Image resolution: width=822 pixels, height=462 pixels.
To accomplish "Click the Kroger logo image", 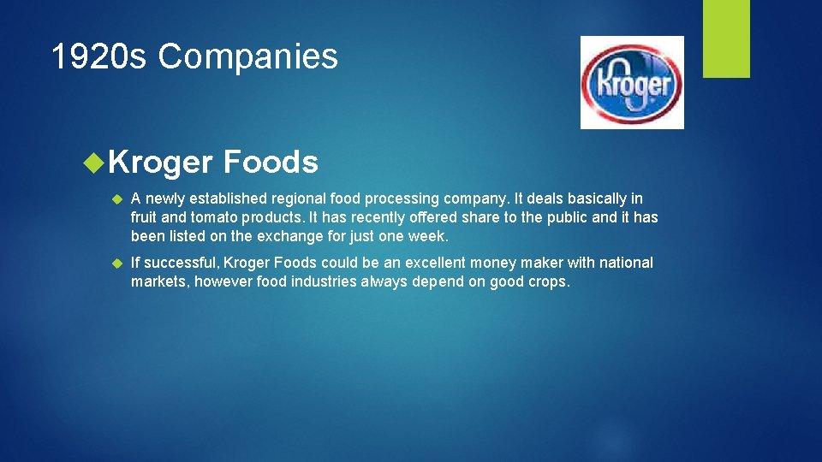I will [x=632, y=82].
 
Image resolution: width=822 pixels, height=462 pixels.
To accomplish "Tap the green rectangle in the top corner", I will [x=726, y=38].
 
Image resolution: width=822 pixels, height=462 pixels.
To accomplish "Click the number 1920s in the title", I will [x=99, y=57].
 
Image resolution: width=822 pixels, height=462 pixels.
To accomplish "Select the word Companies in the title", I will [x=248, y=57].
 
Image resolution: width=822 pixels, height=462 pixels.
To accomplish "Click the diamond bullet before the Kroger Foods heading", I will [x=95, y=161].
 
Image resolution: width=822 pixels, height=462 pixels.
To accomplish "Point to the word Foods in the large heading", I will [x=271, y=162].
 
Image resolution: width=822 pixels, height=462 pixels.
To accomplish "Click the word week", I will [x=429, y=236].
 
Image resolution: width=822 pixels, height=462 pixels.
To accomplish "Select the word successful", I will [x=182, y=263].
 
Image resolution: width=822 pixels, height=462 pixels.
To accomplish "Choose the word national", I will [x=625, y=263].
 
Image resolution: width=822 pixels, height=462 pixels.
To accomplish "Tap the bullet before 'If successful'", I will [x=118, y=264].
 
